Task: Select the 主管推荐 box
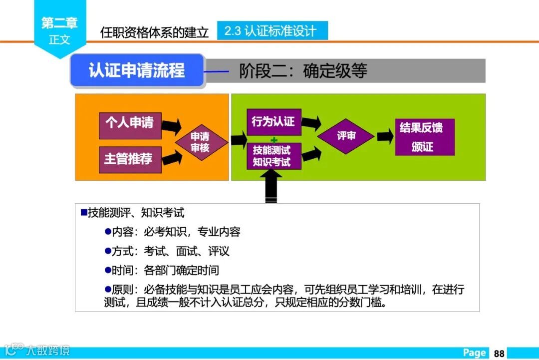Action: (x=130, y=159)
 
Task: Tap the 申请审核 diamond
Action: (x=201, y=142)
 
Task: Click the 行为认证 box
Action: (x=273, y=122)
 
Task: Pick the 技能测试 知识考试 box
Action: (x=273, y=156)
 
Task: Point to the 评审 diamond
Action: (x=346, y=136)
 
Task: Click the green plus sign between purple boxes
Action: (x=273, y=139)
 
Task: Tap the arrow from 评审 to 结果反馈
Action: (x=385, y=136)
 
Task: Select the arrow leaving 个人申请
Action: (x=171, y=125)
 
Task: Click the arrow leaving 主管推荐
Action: (x=171, y=159)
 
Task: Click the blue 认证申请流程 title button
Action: (x=137, y=70)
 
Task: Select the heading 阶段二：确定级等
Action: (x=303, y=71)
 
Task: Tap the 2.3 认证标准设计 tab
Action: (x=272, y=31)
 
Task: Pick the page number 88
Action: (x=499, y=353)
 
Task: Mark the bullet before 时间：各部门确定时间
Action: (x=107, y=270)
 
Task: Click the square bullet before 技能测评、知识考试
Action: (x=84, y=212)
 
